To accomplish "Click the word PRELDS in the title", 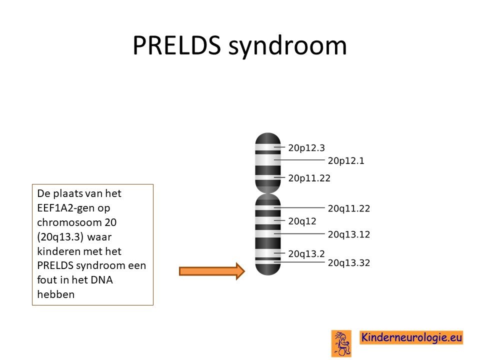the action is click(176, 45).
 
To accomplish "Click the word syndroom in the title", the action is click(288, 46).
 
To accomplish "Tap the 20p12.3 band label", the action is click(306, 148).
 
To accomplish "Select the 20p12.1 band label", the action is click(346, 160).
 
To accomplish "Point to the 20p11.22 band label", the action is click(309, 178).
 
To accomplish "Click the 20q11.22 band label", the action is click(349, 208).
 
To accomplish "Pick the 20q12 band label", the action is click(302, 221).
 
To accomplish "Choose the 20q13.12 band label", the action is click(349, 234).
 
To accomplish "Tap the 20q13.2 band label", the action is click(306, 254).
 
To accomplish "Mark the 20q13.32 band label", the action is click(349, 263).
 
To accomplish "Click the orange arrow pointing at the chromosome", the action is click(212, 271).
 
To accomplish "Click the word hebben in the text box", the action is click(55, 294).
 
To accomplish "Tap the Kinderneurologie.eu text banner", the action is click(411, 337).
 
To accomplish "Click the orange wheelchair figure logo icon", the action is click(341, 343).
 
